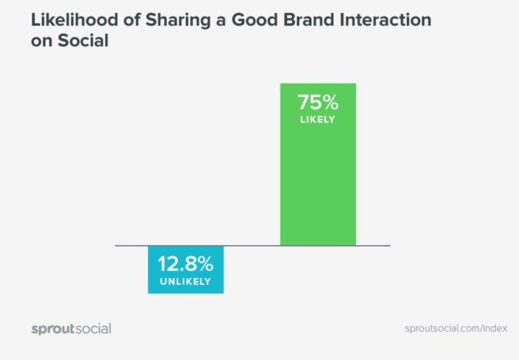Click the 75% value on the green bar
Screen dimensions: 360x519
[318, 103]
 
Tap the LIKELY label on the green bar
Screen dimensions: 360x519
[318, 120]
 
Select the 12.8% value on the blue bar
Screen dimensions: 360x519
[186, 264]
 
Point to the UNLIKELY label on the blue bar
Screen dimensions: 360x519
[186, 282]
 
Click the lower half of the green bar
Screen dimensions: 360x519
[318, 203]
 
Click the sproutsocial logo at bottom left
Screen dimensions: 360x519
[71, 329]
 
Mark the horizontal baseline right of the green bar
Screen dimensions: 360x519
[373, 245]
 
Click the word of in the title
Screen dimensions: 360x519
[132, 20]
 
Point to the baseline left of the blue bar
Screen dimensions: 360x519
[131, 245]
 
